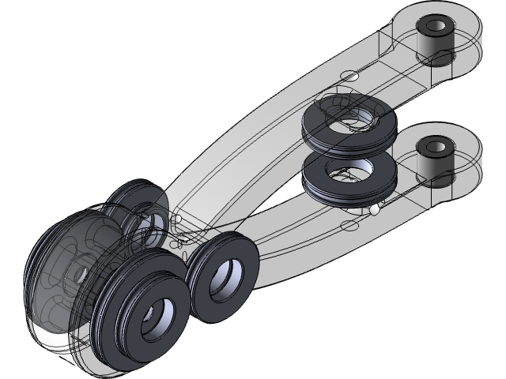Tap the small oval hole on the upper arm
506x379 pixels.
[x=349, y=76]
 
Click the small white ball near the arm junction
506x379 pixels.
[x=179, y=218]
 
